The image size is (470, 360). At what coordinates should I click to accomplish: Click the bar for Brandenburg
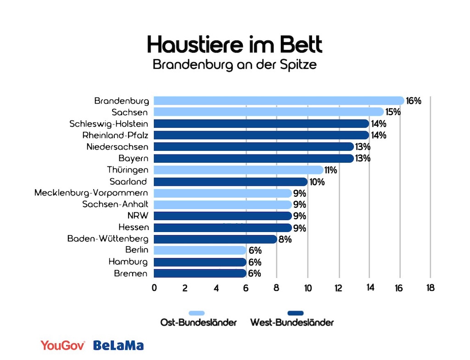[x=279, y=100]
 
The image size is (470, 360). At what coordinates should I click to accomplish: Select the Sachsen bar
[x=269, y=112]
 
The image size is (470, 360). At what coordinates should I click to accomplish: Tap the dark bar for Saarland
[x=230, y=182]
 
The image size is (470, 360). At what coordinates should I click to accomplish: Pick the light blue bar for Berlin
[x=200, y=250]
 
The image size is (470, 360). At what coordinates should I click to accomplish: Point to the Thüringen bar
[x=238, y=170]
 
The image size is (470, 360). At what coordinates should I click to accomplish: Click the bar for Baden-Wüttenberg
[x=215, y=239]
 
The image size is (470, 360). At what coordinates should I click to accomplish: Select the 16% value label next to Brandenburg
[x=414, y=101]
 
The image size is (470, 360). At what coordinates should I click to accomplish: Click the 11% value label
[x=330, y=170]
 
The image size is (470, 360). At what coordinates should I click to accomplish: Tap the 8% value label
[x=285, y=239]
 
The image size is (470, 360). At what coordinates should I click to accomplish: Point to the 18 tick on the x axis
[x=430, y=288]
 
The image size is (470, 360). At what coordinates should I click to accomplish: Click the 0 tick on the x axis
[x=154, y=288]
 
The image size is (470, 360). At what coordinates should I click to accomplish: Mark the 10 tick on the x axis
[x=308, y=288]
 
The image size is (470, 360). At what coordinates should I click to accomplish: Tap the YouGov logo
[x=63, y=345]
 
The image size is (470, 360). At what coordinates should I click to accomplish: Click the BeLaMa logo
[x=118, y=345]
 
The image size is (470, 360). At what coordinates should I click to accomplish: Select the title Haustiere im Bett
[x=235, y=45]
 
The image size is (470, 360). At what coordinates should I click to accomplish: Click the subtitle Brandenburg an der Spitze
[x=235, y=65]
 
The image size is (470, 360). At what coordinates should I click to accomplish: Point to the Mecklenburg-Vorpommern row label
[x=91, y=193]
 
